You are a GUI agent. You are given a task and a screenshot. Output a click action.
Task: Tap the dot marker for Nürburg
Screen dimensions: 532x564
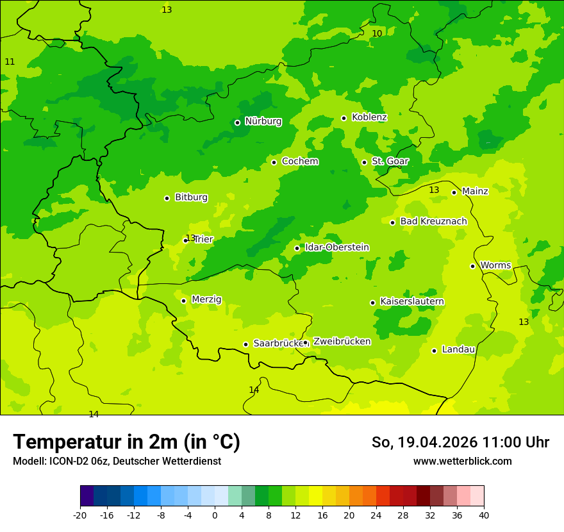point(237,122)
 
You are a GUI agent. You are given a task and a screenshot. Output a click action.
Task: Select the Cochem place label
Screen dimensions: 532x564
point(299,162)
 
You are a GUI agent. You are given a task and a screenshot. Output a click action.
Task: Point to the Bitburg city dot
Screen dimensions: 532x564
point(167,198)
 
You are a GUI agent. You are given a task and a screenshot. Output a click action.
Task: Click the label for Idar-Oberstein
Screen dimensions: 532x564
point(336,247)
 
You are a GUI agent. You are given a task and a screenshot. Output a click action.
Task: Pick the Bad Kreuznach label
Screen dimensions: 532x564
point(433,221)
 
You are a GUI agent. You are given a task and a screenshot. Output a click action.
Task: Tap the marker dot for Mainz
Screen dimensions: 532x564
point(454,192)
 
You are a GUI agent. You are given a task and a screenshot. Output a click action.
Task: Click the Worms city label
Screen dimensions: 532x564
point(495,265)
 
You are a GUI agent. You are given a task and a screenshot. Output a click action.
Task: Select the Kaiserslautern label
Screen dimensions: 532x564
point(412,301)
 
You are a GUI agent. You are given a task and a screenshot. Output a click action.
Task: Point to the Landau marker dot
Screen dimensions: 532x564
point(434,351)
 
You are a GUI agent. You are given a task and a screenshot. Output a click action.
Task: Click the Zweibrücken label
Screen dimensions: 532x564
point(342,342)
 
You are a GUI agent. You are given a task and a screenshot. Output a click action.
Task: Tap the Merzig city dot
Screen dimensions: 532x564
point(183,301)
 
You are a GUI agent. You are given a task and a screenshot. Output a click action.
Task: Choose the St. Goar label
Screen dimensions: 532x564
point(390,162)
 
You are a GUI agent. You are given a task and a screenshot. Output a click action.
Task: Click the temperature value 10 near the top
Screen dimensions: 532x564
point(377,33)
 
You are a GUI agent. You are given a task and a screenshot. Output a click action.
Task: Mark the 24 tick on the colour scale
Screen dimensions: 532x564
point(376,515)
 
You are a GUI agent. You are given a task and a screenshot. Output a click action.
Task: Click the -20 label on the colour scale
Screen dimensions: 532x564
point(80,515)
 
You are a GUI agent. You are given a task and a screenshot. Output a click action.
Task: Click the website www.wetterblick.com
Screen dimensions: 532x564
point(462,461)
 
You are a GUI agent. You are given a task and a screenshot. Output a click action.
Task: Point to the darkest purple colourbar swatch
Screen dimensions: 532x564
point(87,496)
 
